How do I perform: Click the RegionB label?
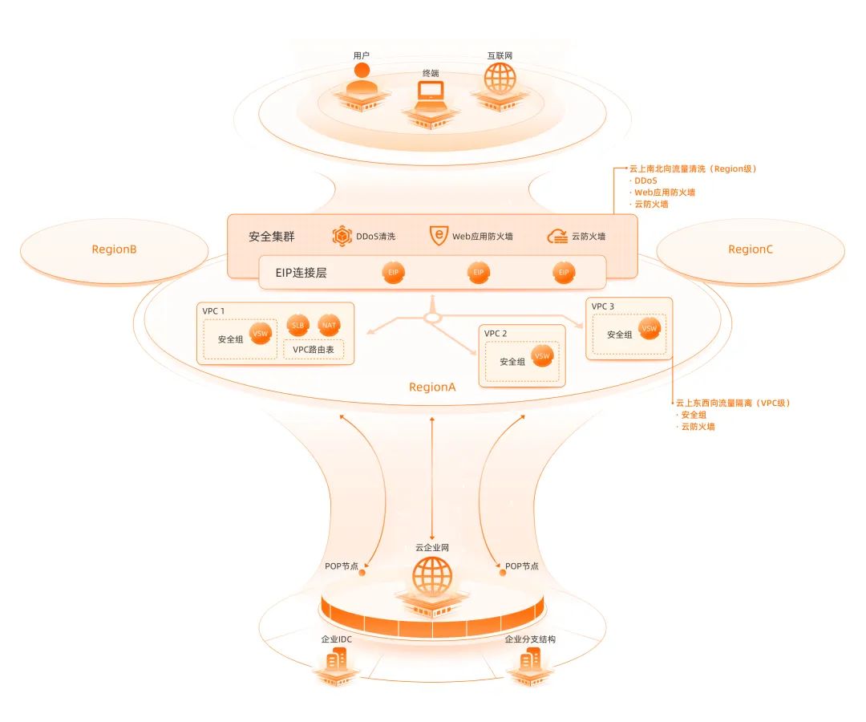[114, 249]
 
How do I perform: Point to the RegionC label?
[751, 249]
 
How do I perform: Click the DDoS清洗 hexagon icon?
[342, 236]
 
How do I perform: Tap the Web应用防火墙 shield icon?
[439, 236]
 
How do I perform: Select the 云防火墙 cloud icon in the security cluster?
[557, 237]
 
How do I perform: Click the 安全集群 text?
[272, 237]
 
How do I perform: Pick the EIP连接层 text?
[301, 273]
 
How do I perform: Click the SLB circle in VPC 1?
[297, 326]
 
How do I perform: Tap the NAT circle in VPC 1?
[330, 326]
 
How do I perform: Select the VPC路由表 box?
[314, 350]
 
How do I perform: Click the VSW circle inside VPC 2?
[542, 355]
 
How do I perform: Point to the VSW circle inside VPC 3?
[649, 328]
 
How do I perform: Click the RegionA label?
[432, 387]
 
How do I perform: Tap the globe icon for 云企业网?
[432, 576]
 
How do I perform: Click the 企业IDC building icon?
[336, 661]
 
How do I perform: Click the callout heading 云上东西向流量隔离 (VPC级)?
[733, 404]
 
